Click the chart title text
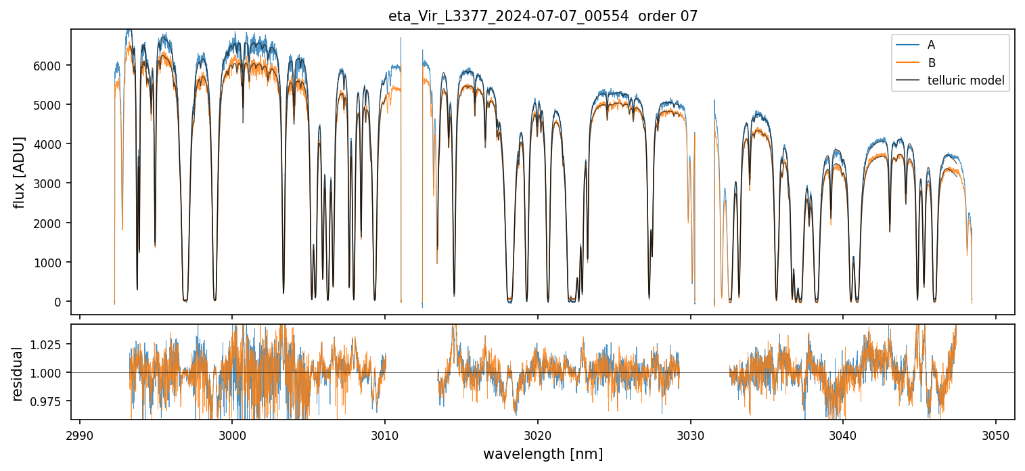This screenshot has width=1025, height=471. click(543, 16)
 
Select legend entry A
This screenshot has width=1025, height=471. click(931, 45)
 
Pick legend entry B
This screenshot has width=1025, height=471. click(931, 63)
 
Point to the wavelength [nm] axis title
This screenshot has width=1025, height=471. click(543, 454)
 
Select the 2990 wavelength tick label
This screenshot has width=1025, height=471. click(80, 433)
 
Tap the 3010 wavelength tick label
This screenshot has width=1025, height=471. click(385, 433)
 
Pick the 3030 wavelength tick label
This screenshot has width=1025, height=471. click(690, 433)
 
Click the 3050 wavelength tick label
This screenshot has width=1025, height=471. click(995, 433)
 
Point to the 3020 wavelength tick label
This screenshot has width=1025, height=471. click(538, 433)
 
